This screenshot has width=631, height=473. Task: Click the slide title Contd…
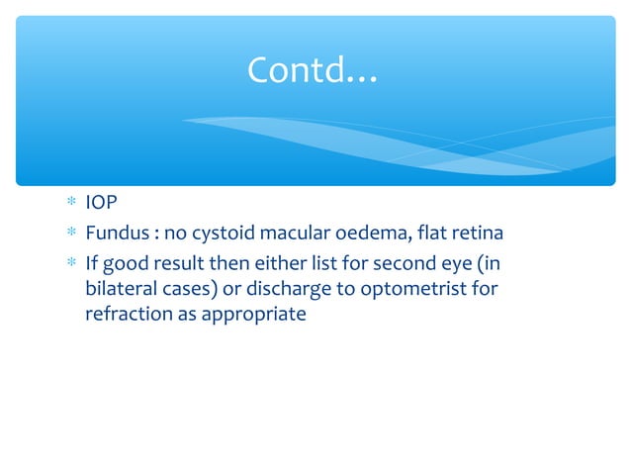pyautogui.click(x=312, y=70)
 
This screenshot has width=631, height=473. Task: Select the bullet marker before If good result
pyautogui.click(x=70, y=263)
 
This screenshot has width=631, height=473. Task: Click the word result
pyautogui.click(x=175, y=262)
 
